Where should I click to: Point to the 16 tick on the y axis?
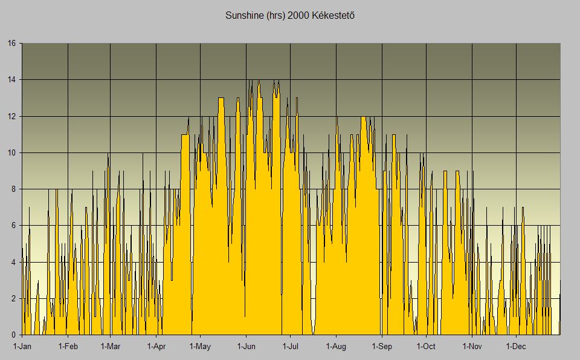tap(11, 44)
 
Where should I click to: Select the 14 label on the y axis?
tap(11, 80)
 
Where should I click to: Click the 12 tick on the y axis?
tap(11, 116)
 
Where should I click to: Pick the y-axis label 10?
tap(11, 152)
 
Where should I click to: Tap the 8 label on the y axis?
tap(13, 189)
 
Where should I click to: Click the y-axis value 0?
tap(13, 335)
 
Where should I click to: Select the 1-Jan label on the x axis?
tap(22, 347)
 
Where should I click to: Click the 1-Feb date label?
tap(68, 347)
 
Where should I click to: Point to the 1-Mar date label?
tap(111, 347)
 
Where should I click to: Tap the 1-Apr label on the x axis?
tap(156, 347)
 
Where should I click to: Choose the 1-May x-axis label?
tap(200, 347)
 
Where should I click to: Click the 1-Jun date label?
tap(246, 347)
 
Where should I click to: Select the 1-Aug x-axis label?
tap(336, 347)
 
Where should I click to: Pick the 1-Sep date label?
tap(381, 347)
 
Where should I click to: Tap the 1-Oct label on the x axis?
tap(426, 347)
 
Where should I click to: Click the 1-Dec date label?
tap(516, 347)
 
